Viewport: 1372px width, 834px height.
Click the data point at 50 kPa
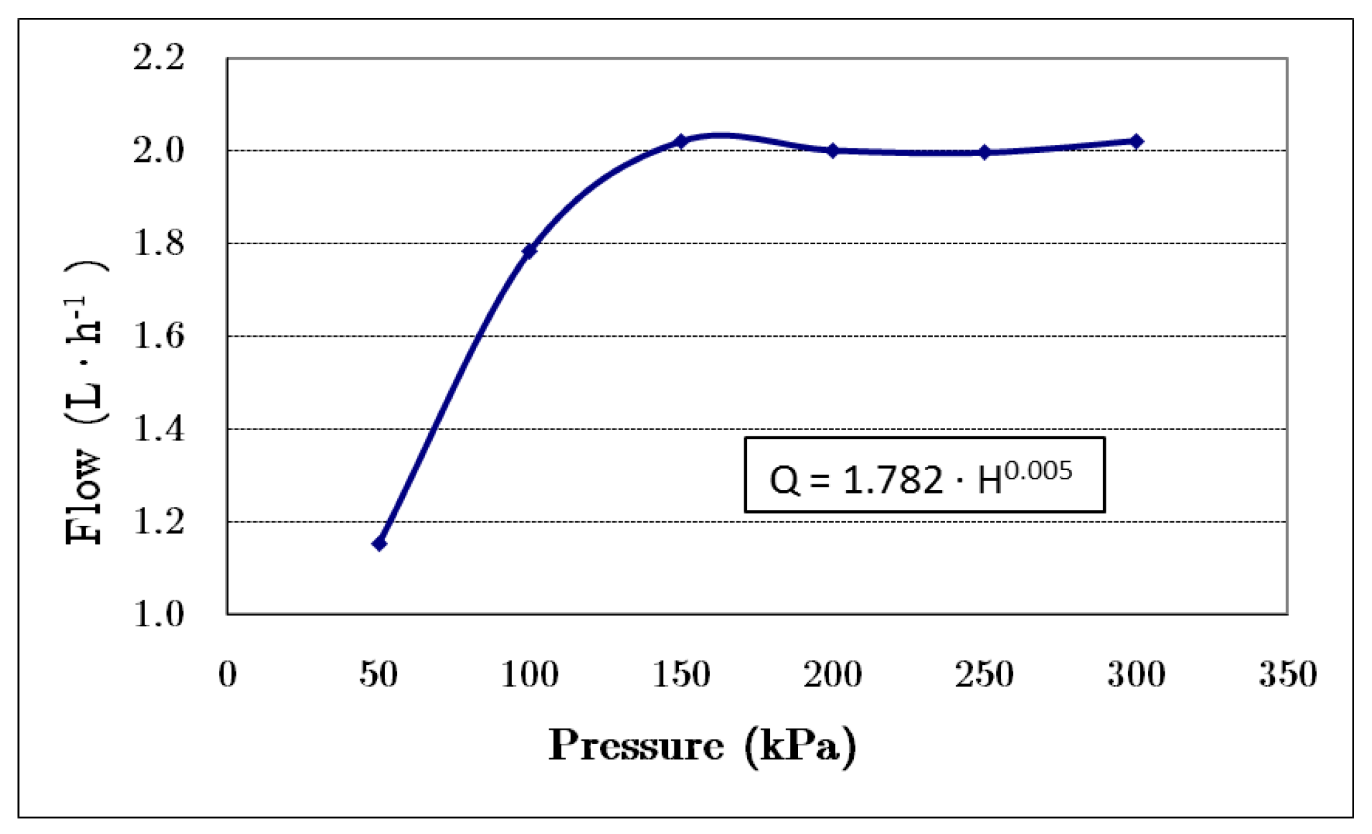tap(379, 544)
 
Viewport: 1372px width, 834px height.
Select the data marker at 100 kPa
tap(529, 251)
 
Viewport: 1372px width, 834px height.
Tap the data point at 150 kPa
tap(681, 141)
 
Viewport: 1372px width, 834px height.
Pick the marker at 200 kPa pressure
tap(833, 151)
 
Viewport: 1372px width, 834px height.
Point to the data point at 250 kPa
tap(985, 153)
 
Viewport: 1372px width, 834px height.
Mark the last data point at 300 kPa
tap(1136, 141)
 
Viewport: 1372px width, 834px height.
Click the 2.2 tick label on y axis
tap(159, 58)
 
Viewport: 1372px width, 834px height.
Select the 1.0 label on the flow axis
tap(159, 614)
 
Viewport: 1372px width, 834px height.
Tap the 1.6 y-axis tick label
tap(159, 336)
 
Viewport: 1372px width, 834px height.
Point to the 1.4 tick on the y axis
tap(159, 429)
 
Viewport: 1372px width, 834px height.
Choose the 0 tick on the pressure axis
tap(227, 675)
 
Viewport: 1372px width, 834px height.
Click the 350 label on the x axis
tap(1288, 675)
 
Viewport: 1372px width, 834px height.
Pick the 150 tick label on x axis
tap(681, 675)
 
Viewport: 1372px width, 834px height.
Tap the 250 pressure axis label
tap(985, 675)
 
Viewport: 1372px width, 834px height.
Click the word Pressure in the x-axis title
tap(636, 746)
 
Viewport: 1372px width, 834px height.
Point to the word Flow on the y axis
tap(84, 497)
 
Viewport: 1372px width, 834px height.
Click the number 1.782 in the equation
tap(893, 480)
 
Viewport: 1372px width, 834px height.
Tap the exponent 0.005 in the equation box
tap(1038, 471)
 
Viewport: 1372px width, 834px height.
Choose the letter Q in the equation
tap(784, 481)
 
